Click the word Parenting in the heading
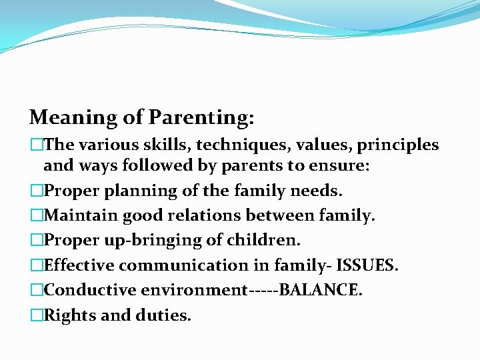pyautogui.click(x=201, y=118)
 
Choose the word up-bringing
pyautogui.click(x=149, y=241)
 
